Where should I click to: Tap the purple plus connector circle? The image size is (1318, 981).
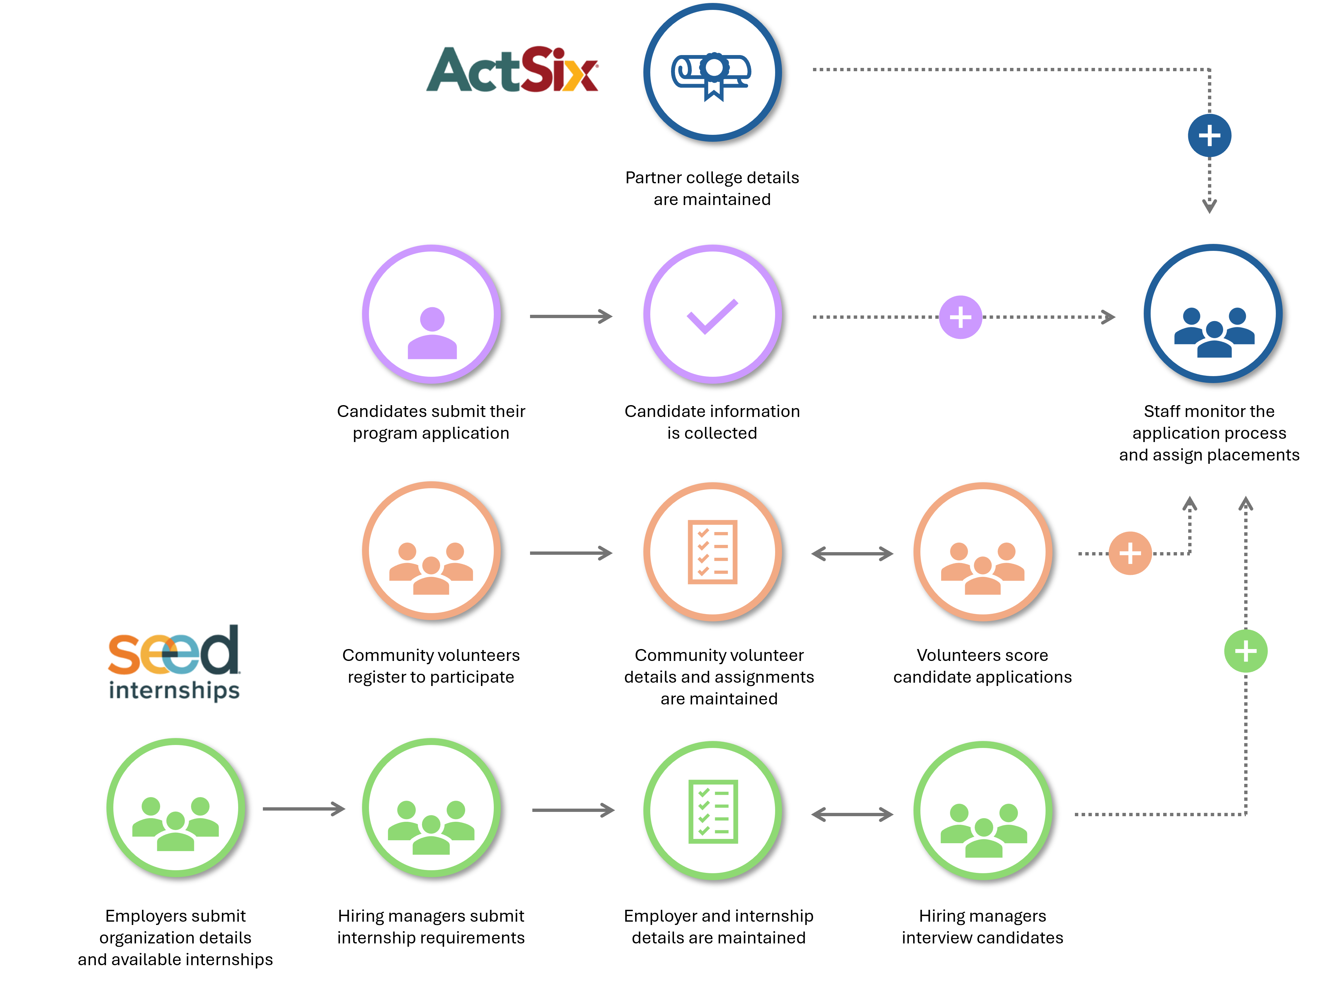click(x=960, y=317)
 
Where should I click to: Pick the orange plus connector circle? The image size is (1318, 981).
click(x=1130, y=553)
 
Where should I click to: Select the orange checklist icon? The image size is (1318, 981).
click(x=712, y=552)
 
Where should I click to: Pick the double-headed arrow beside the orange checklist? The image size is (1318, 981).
click(x=852, y=553)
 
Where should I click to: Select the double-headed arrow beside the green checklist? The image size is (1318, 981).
click(x=852, y=814)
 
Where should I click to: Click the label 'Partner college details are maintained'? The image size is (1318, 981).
click(x=712, y=188)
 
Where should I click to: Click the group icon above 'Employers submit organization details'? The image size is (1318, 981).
click(x=176, y=824)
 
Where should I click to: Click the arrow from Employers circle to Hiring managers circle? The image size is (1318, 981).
click(x=304, y=809)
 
